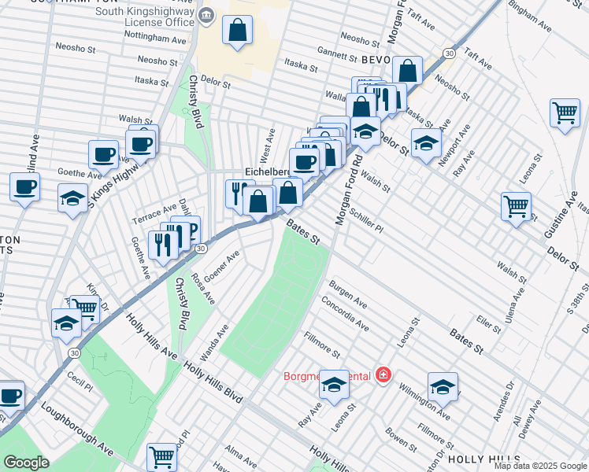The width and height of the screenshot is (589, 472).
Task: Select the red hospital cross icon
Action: pyautogui.click(x=383, y=375)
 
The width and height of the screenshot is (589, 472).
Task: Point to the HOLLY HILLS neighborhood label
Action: pyautogui.click(x=483, y=458)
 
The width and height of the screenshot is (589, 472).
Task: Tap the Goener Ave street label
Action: pyautogui.click(x=221, y=267)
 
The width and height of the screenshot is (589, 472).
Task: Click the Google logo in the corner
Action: pyautogui.click(x=26, y=463)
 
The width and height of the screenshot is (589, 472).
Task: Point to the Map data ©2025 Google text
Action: pyautogui.click(x=540, y=466)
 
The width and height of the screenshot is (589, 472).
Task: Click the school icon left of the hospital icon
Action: pyautogui.click(x=334, y=384)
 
